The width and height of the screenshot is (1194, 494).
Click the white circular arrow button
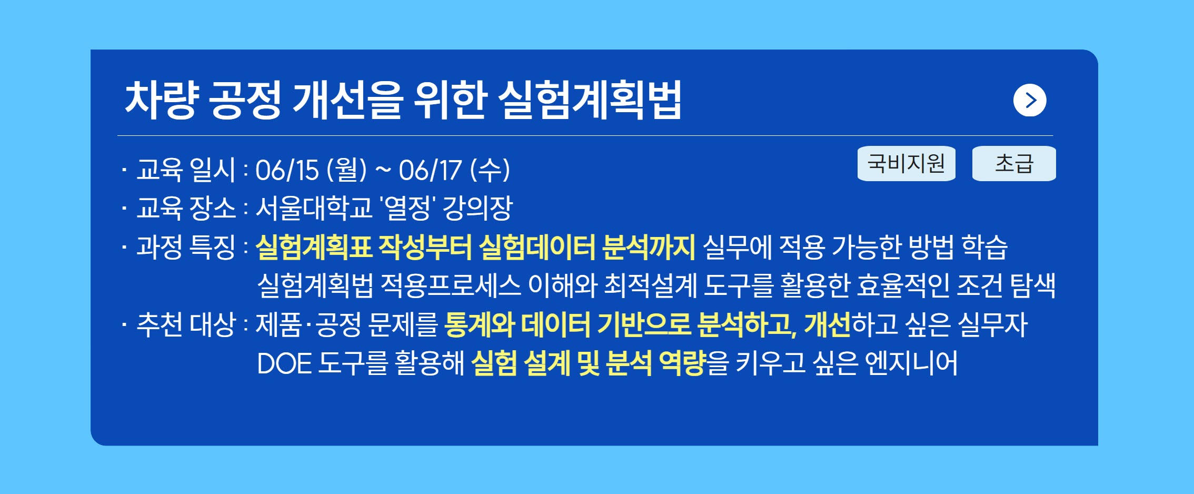[x=1030, y=100]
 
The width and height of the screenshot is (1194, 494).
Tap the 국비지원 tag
[x=907, y=163]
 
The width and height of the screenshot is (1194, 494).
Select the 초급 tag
[x=1014, y=163]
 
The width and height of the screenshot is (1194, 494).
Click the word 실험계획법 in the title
[x=590, y=100]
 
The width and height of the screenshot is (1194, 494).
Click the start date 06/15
[x=287, y=170]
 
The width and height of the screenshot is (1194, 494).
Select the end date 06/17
[x=430, y=170]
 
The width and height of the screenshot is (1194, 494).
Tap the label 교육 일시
[x=186, y=170]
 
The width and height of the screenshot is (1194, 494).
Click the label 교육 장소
[x=186, y=208]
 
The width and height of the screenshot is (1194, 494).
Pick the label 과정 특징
[x=186, y=246]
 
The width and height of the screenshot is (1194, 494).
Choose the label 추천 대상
[x=186, y=324]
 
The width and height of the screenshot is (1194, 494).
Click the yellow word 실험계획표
[x=314, y=246]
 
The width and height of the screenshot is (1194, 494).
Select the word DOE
[x=284, y=363]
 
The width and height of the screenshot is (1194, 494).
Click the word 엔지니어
[x=912, y=362]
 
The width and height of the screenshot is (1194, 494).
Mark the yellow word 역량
[x=682, y=362]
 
